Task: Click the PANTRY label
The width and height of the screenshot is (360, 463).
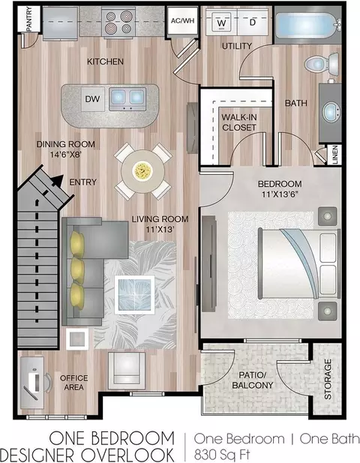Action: point(29,20)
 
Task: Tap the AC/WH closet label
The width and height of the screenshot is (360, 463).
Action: point(183,21)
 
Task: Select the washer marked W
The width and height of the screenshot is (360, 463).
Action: point(221,23)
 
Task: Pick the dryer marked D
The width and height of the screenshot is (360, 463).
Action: point(253,23)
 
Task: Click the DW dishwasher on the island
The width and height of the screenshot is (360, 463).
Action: point(93,99)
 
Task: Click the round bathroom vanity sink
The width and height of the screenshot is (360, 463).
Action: point(331,112)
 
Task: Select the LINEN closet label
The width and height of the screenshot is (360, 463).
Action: point(335,155)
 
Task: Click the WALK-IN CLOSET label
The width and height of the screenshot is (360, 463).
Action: point(239,122)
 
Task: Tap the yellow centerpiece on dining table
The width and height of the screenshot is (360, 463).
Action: point(142,170)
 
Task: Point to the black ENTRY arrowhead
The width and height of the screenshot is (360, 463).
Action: point(58,180)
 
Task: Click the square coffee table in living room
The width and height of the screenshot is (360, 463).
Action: point(134,295)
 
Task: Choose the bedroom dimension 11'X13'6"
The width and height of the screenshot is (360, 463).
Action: point(280,194)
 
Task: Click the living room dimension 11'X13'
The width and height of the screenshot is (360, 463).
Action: point(160,229)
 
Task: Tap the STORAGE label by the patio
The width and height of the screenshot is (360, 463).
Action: point(328,380)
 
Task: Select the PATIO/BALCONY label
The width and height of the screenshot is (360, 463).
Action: point(253,380)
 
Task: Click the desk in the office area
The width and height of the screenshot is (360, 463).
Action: point(31,383)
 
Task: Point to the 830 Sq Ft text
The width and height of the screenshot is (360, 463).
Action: point(222,455)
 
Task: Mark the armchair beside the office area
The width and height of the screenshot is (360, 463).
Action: point(127,370)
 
